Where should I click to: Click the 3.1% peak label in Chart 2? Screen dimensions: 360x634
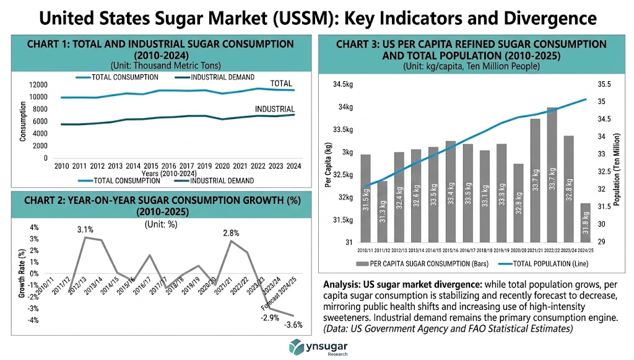coord(85,229)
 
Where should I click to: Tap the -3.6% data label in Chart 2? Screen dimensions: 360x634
coord(293,324)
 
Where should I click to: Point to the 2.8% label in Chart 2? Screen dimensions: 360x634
coord(231,233)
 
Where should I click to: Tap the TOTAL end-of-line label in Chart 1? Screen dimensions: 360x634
coord(281,84)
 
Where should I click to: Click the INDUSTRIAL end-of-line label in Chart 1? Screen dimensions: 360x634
coord(275,110)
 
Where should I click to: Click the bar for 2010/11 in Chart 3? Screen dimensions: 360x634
coord(365,198)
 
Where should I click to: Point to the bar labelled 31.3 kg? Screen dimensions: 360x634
coord(383,211)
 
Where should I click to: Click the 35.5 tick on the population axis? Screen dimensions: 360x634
coord(604,84)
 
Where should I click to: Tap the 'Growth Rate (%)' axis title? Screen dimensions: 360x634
coord(22,273)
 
